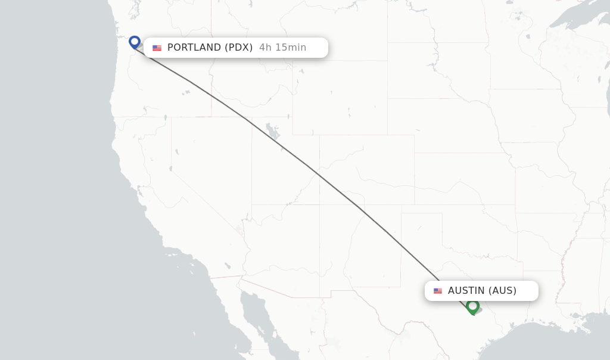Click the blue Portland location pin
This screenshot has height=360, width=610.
tap(135, 42)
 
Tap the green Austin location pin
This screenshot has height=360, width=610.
tap(472, 306)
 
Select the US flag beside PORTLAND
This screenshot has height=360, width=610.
tap(157, 48)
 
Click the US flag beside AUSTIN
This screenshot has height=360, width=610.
tap(438, 291)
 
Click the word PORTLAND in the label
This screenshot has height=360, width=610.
tap(194, 48)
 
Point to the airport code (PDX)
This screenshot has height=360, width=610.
tap(238, 48)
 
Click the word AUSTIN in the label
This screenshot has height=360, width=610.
tap(466, 291)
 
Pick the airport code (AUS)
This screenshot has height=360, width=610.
tap(502, 291)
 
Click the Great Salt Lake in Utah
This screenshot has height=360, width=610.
tap(272, 131)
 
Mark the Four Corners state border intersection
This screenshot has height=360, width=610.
tap(319, 204)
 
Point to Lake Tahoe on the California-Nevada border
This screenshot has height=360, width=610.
tap(171, 169)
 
